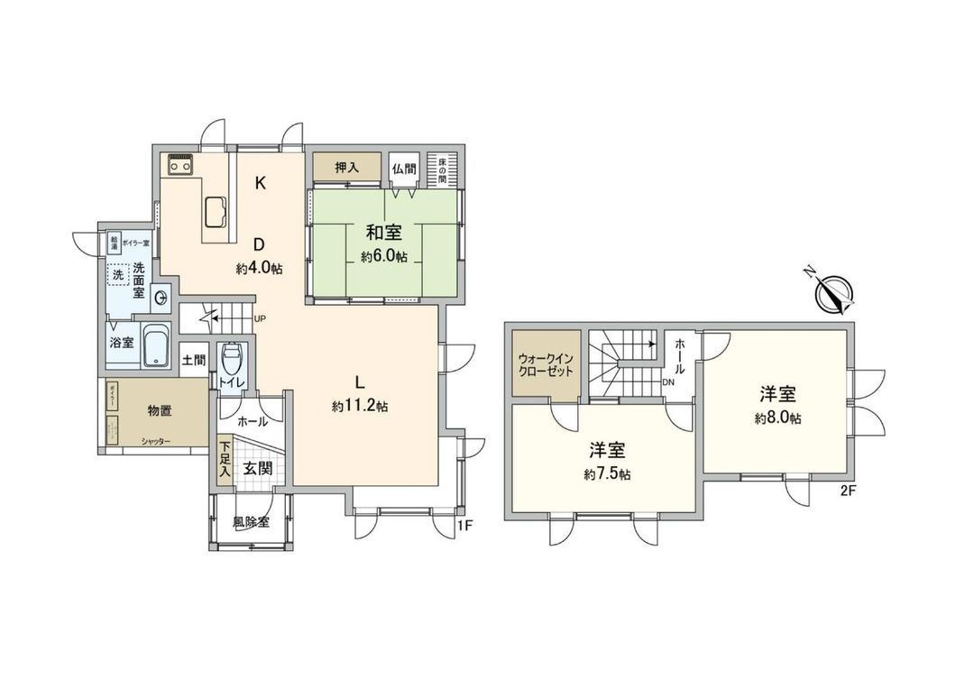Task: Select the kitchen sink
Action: (x=216, y=211)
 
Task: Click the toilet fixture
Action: (x=231, y=361)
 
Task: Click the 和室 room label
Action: (x=384, y=232)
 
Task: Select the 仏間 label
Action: (x=403, y=168)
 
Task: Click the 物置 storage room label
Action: (x=161, y=410)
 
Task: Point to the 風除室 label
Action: (x=250, y=522)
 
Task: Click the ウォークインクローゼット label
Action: (x=546, y=365)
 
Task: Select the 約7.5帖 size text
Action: (x=607, y=474)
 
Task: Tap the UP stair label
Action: (x=261, y=318)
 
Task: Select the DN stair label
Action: (x=668, y=381)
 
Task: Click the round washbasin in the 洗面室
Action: (x=161, y=296)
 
